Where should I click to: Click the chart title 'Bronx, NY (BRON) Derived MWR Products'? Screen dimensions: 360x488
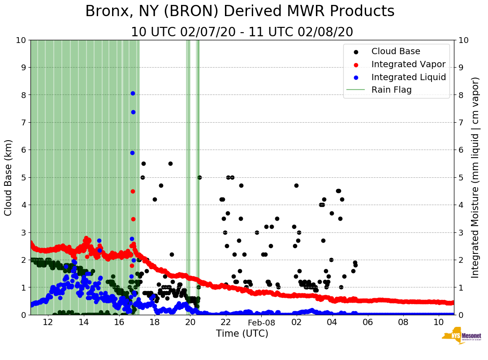click(240, 11)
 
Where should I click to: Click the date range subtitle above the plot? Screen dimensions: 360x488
click(242, 32)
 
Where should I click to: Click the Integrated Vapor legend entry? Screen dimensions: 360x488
click(408, 64)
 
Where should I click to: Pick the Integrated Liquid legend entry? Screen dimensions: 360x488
click(408, 77)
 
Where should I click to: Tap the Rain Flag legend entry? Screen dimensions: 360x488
click(391, 90)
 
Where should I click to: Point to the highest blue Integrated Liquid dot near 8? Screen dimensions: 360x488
click(133, 93)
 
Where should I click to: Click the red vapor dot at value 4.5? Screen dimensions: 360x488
click(133, 191)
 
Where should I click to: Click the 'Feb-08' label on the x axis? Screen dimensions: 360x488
click(261, 322)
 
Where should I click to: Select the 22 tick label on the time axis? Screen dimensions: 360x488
click(225, 322)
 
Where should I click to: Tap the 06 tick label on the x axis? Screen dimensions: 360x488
click(367, 322)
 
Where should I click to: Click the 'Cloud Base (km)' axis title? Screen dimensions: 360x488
click(9, 177)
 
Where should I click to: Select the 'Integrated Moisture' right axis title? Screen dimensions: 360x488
click(475, 177)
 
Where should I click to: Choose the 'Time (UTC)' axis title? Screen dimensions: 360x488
click(242, 334)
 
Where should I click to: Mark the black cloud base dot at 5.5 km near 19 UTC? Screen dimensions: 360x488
click(170, 163)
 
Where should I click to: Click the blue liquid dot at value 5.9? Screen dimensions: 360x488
click(132, 153)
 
